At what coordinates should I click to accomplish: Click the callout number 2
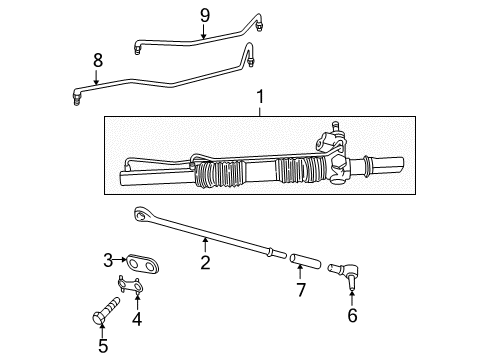204,264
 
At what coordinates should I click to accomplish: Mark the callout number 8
98,60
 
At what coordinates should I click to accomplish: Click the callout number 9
204,14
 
